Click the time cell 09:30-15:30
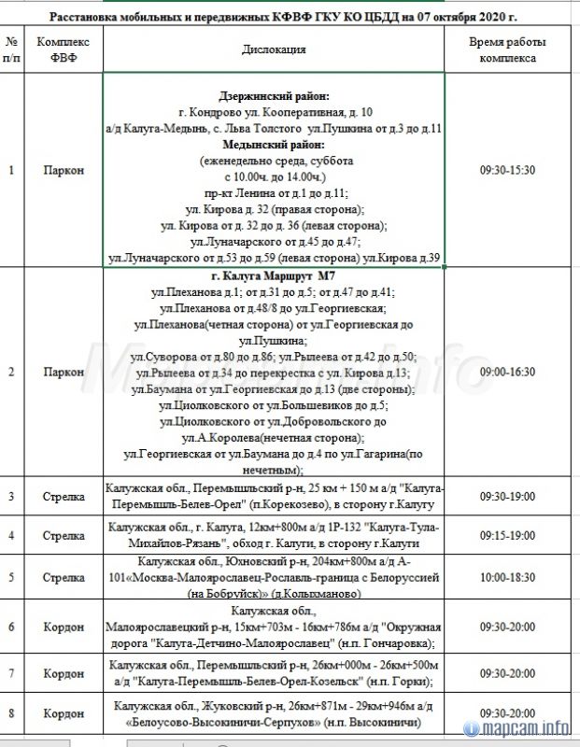pyautogui.click(x=507, y=171)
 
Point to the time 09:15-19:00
pyautogui.click(x=507, y=536)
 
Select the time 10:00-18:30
pyautogui.click(x=507, y=578)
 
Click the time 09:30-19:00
pyautogui.click(x=507, y=497)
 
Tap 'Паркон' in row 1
pyautogui.click(x=63, y=171)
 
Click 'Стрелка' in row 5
pyautogui.click(x=63, y=578)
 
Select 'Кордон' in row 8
pyautogui.click(x=63, y=713)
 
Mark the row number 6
pyautogui.click(x=11, y=627)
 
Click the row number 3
pyautogui.click(x=11, y=497)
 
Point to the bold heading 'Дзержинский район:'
pyautogui.click(x=273, y=96)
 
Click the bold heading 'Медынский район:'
pyautogui.click(x=273, y=146)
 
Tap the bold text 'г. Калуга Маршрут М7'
pyautogui.click(x=273, y=277)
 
